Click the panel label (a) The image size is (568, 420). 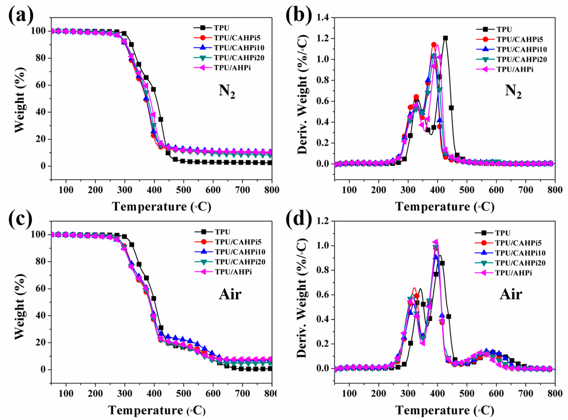[x=21, y=16]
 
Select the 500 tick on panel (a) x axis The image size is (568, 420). [x=183, y=190]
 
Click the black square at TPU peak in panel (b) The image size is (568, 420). [x=445, y=38]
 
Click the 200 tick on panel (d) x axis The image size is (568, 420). [x=378, y=394]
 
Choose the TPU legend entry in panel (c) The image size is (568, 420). [x=222, y=232]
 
